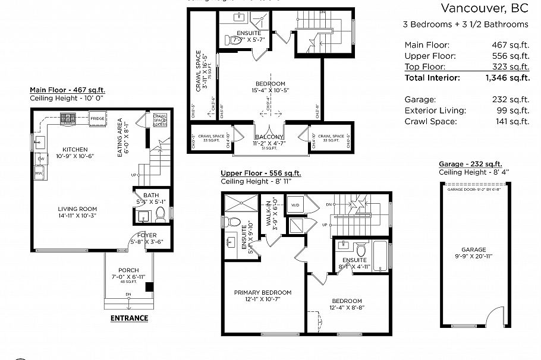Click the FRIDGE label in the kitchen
[x=98, y=118]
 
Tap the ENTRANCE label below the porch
[x=129, y=318]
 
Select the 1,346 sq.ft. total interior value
[x=507, y=77]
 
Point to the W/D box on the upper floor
[x=295, y=206]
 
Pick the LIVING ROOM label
[x=77, y=211]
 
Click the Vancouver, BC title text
[x=485, y=8]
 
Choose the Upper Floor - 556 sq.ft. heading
[x=260, y=173]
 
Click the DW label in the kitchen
[x=40, y=159]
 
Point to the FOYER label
[x=147, y=235]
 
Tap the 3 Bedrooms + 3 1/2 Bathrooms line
[x=465, y=24]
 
